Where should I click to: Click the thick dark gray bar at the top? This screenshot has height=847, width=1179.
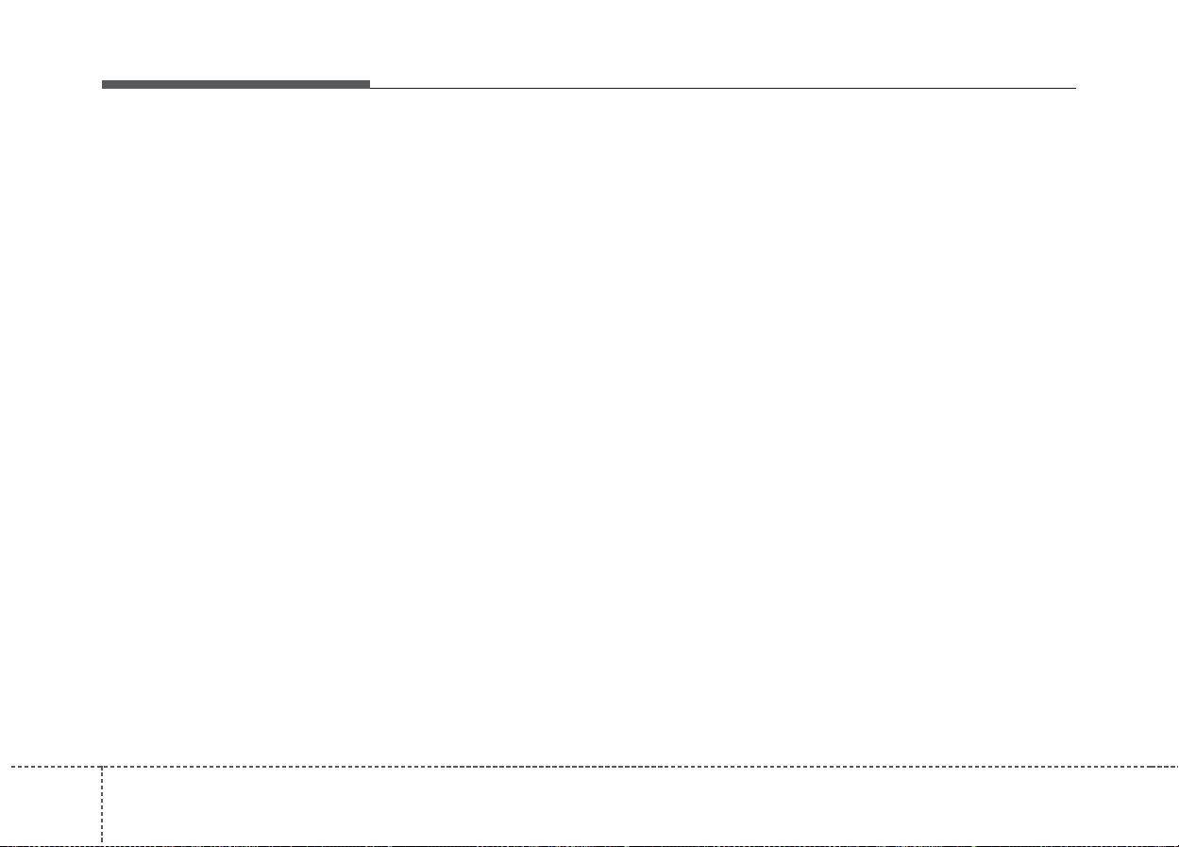click(x=236, y=84)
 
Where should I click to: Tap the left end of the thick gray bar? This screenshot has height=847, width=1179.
click(x=104, y=84)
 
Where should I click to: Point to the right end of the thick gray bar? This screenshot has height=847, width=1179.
click(x=368, y=84)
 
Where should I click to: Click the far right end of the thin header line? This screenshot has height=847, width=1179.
click(x=1074, y=88)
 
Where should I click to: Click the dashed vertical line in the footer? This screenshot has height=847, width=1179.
click(x=102, y=803)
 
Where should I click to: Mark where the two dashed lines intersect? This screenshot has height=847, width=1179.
click(x=102, y=766)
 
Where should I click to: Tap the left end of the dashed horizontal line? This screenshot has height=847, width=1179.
click(x=2, y=766)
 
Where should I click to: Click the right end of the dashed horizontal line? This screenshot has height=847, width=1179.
click(x=1176, y=766)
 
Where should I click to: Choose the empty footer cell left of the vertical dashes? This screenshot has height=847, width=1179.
click(x=51, y=805)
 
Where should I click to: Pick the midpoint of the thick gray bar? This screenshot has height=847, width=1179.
click(x=236, y=84)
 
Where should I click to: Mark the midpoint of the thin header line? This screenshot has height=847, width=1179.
click(x=722, y=88)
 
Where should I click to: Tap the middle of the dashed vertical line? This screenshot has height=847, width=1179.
click(x=102, y=805)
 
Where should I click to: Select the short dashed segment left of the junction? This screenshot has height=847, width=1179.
click(x=51, y=766)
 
